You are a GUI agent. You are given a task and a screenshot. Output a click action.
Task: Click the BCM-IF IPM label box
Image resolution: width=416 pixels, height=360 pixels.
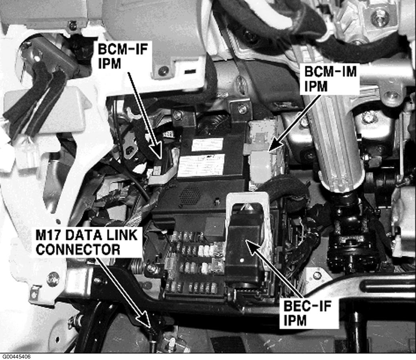[x=122, y=56]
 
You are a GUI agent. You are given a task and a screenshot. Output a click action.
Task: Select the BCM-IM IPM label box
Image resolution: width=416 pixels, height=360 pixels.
[x=330, y=79]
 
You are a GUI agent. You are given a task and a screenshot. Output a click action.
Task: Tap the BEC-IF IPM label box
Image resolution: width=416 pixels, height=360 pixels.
[x=309, y=313]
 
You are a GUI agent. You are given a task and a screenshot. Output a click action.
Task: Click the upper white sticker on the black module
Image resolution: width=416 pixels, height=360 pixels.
[x=207, y=145]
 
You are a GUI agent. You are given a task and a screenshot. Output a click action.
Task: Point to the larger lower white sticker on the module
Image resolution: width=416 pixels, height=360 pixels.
[x=201, y=165]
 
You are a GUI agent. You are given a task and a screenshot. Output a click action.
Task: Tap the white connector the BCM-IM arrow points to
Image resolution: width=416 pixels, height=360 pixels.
[x=261, y=167]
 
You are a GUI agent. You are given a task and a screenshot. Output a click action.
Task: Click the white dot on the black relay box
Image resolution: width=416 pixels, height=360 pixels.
[x=241, y=260]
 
